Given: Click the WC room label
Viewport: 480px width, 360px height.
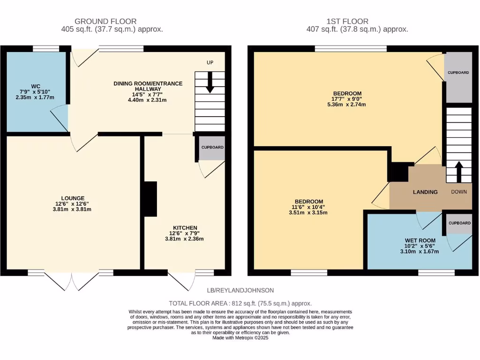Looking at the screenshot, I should pos(36,86).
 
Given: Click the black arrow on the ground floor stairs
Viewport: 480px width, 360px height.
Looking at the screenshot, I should pos(210,82).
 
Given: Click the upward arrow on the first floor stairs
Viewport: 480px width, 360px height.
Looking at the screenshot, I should pos(458,172).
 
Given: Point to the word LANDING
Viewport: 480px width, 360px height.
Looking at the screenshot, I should pos(425,192).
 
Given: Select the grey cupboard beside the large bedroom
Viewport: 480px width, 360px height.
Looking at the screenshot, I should pos(458,77).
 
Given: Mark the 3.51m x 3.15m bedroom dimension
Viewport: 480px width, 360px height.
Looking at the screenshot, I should pos(308,212).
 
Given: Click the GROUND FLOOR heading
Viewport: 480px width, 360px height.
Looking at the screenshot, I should pos(105,21).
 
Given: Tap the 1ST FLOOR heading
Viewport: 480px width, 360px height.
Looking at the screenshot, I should pos(347,21).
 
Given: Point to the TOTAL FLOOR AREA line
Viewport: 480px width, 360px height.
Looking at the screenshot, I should pos(240,303).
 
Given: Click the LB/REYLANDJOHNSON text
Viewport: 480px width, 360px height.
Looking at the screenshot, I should pos(241,290).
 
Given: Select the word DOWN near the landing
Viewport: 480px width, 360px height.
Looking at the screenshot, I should pos(459,192).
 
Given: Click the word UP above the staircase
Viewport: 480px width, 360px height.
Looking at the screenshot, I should pos(210,63).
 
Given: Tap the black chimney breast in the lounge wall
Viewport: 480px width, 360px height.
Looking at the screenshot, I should pos(150,199).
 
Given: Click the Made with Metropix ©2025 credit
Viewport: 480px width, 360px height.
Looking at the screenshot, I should pos(240,337).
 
